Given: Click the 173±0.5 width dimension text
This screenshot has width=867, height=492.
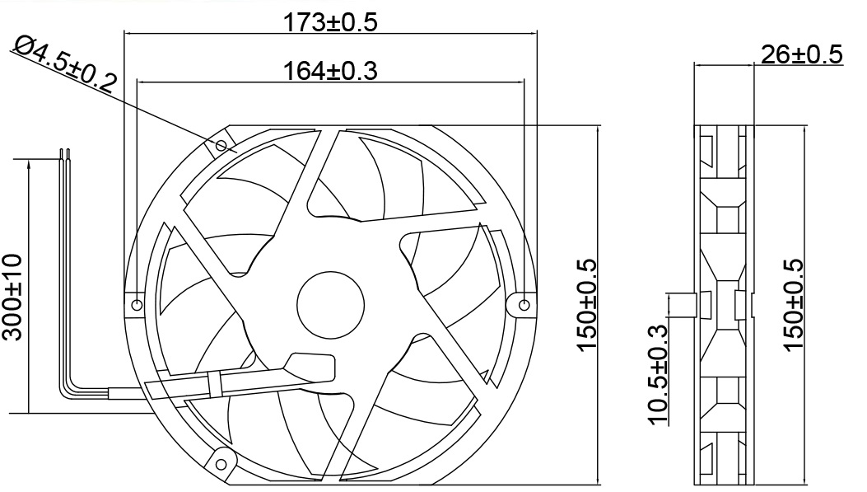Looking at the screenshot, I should (330, 22).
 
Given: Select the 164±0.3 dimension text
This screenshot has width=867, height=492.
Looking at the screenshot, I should (330, 72).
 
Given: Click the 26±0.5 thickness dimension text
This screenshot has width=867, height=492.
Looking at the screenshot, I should (801, 54).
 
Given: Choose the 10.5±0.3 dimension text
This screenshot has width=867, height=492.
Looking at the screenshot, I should (659, 375).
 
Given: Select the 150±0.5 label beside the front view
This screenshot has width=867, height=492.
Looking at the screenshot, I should (586, 305).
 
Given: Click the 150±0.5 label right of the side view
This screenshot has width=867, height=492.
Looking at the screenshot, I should (793, 305).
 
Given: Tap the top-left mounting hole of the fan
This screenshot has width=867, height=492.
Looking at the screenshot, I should (221, 146).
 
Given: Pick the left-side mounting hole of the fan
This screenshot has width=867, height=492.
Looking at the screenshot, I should (137, 305).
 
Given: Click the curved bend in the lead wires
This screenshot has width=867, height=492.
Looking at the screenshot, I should (69, 378).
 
